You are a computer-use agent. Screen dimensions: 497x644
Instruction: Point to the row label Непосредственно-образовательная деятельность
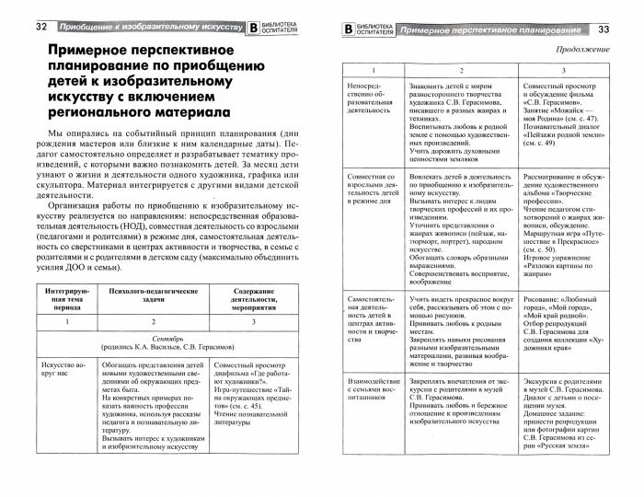pyautogui.click(x=369, y=104)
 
